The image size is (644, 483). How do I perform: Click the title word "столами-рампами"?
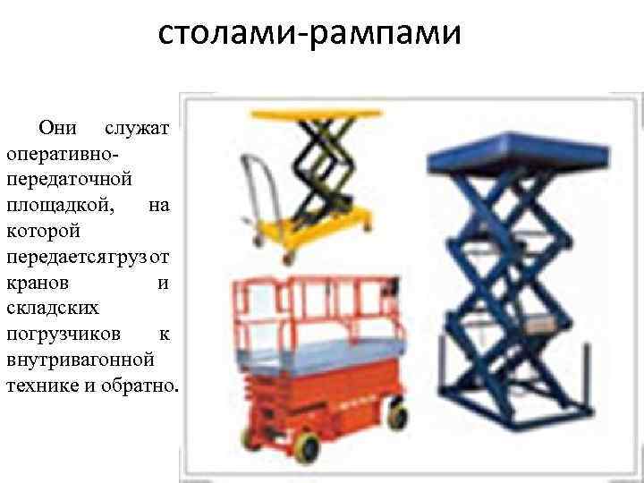(x=309, y=35)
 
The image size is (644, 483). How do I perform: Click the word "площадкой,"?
(x=60, y=204)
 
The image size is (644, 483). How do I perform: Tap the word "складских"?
(x=52, y=309)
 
